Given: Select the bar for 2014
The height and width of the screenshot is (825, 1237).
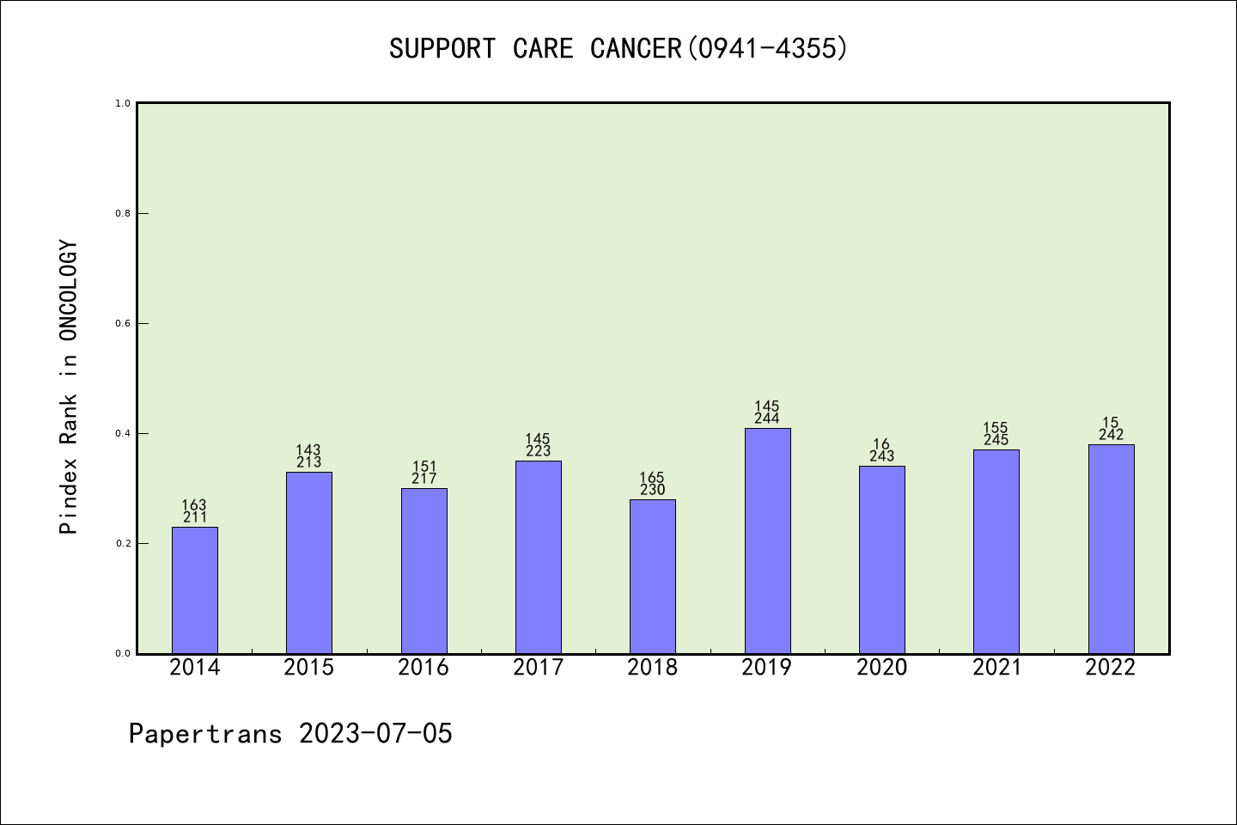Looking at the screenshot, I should click(x=195, y=590).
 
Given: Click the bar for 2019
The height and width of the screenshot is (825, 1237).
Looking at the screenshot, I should click(x=767, y=541).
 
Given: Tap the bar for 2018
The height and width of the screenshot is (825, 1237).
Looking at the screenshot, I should click(x=653, y=577).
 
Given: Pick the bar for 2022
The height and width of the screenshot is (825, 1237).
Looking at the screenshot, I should click(x=1111, y=549).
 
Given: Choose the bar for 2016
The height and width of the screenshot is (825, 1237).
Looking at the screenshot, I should click(x=424, y=571).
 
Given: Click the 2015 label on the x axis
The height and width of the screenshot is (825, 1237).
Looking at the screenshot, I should click(x=309, y=668).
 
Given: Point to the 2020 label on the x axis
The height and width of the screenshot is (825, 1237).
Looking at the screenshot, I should click(x=881, y=668).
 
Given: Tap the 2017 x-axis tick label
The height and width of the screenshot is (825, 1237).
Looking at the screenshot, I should click(x=538, y=668).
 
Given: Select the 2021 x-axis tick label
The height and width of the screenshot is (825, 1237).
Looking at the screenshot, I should click(x=996, y=668).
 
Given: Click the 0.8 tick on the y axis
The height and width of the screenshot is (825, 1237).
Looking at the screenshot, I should click(x=123, y=213).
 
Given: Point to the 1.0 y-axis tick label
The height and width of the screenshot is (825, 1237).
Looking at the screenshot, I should click(x=123, y=103).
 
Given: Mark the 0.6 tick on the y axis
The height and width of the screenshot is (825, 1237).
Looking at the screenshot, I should click(x=123, y=323).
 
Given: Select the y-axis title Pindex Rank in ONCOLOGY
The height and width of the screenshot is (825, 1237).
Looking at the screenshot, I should click(x=69, y=387).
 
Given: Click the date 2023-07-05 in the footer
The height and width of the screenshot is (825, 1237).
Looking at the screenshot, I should click(x=375, y=734).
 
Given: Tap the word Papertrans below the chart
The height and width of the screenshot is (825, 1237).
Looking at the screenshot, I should click(x=205, y=734).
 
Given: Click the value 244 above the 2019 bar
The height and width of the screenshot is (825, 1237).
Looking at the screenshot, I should click(x=767, y=419).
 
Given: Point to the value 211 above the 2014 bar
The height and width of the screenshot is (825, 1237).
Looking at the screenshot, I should click(x=195, y=517).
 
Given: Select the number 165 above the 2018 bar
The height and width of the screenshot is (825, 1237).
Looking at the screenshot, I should click(x=652, y=478).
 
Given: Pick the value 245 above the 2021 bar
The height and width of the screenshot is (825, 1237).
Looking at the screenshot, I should click(x=996, y=440).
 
